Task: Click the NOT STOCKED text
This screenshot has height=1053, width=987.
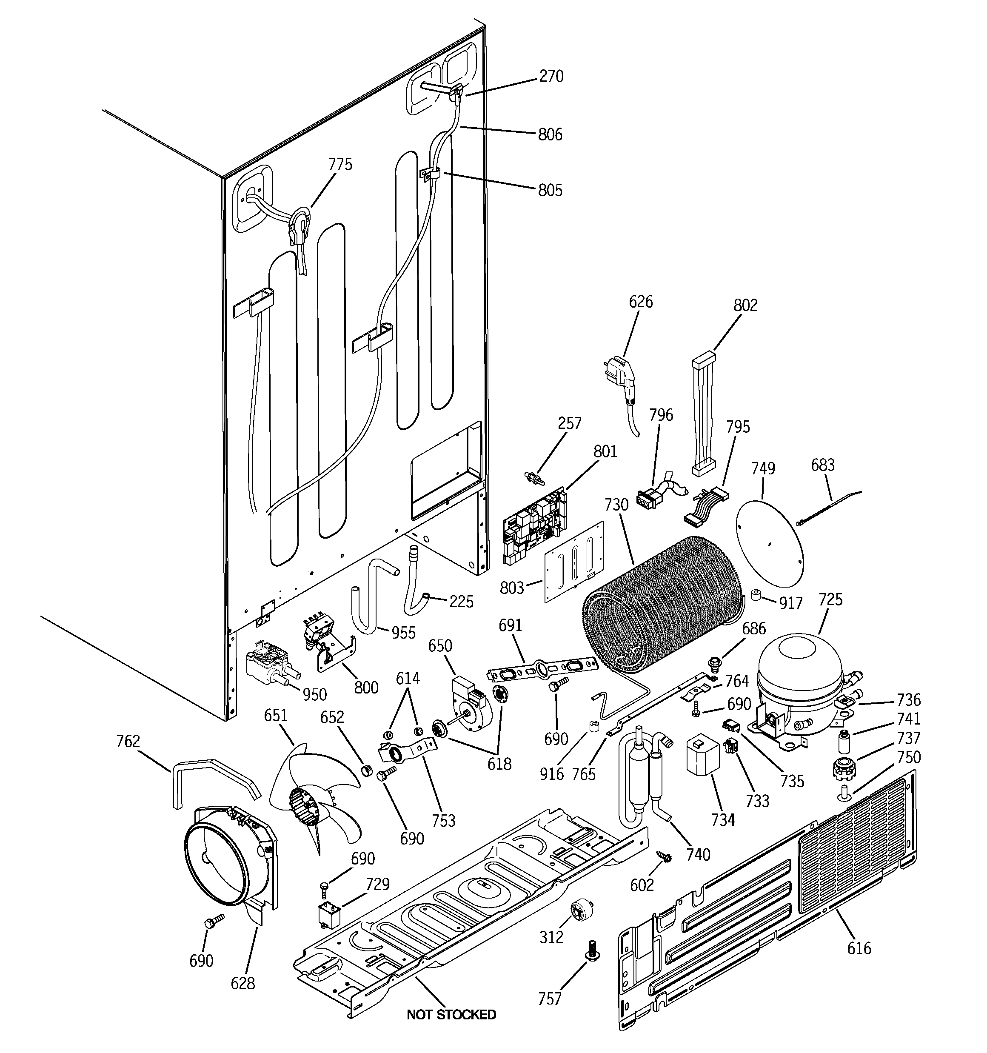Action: (451, 1014)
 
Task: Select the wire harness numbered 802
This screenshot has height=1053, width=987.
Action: (704, 416)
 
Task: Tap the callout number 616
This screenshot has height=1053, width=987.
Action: (858, 947)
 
